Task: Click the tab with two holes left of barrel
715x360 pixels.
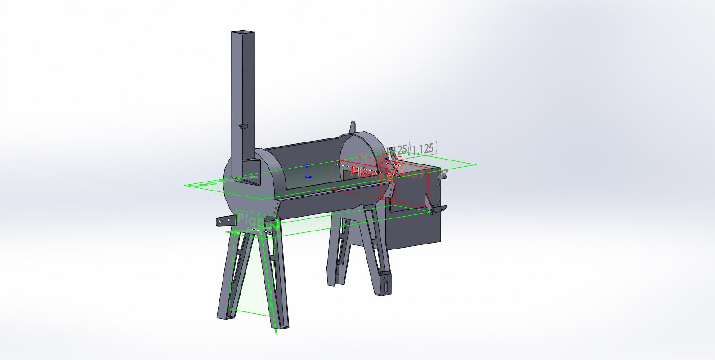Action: point(225,220)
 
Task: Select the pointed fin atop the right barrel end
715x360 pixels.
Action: point(353,127)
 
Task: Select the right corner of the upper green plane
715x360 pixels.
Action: point(475,164)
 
